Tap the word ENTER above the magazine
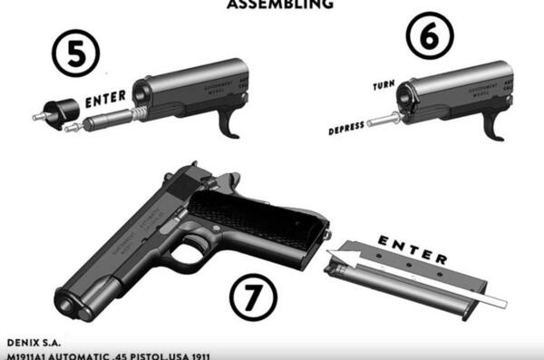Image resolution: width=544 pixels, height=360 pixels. click(x=413, y=249)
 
